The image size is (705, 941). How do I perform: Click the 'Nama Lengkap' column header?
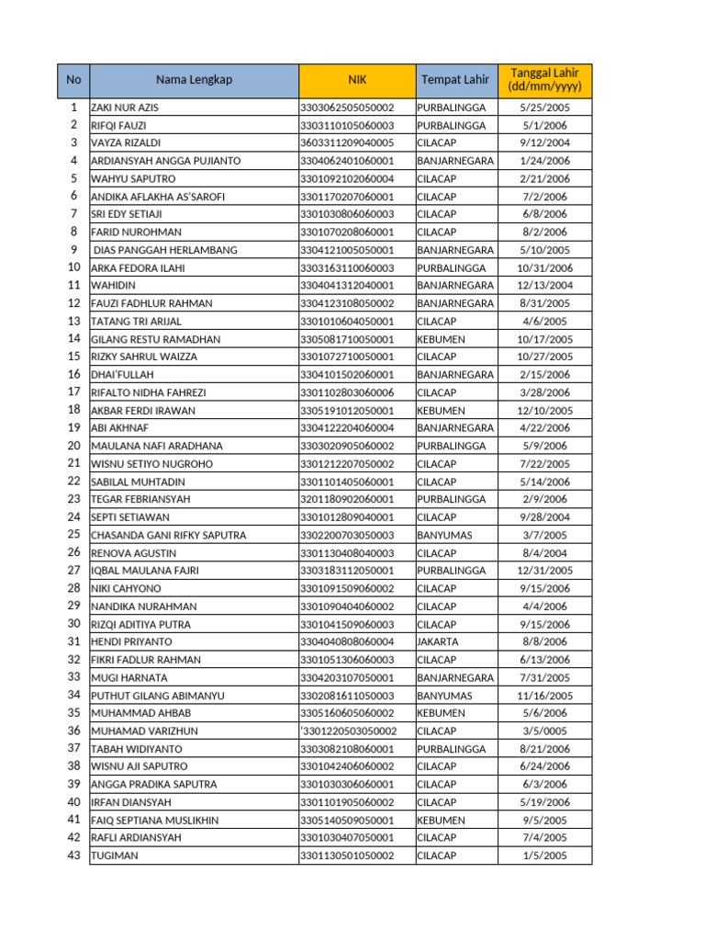[194, 80]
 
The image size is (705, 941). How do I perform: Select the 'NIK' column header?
[356, 80]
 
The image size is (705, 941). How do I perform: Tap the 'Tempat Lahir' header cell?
[455, 80]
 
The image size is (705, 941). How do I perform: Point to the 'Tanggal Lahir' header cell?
[544, 80]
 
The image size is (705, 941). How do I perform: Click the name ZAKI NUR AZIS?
[125, 108]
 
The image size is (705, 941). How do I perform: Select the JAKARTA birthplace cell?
[437, 641]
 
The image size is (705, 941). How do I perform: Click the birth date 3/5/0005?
[544, 731]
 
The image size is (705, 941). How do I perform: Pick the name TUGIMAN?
[115, 856]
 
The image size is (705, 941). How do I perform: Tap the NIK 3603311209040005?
[347, 143]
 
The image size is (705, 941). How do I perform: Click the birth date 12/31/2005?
[544, 571]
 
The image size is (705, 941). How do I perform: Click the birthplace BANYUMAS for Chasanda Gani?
[445, 535]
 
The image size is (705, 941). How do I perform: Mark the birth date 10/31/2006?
[544, 267]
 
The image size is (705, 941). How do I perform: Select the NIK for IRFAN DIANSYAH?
[347, 802]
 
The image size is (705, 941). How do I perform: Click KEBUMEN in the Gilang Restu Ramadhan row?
[441, 339]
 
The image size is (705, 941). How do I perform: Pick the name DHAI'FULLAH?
[122, 375]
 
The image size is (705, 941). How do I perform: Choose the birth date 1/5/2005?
[544, 856]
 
